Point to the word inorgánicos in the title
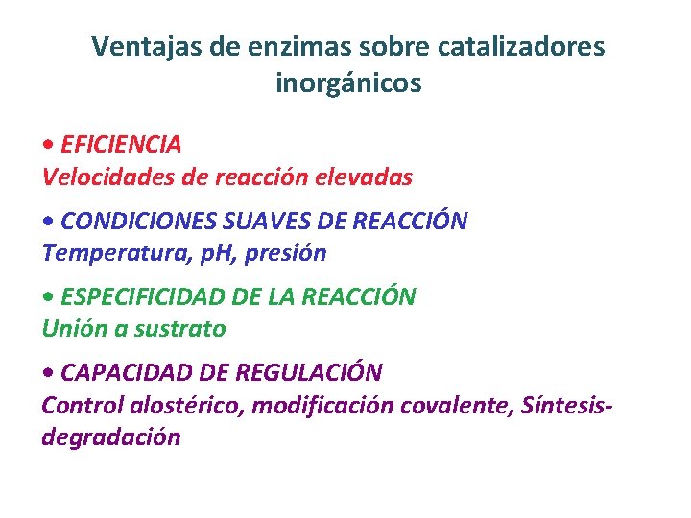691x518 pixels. click(x=348, y=84)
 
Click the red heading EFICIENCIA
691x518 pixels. click(x=120, y=144)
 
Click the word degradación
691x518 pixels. click(x=110, y=437)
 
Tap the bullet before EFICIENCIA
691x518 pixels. click(x=48, y=145)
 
